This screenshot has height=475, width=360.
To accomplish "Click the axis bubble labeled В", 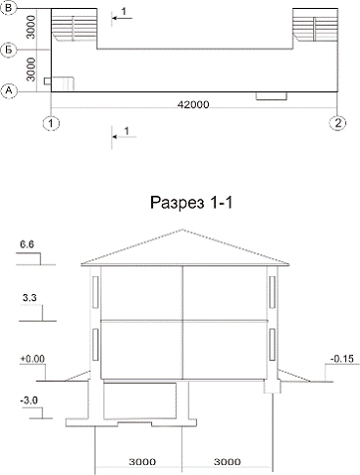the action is [x=9, y=8].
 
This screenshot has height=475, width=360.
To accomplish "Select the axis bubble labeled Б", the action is [x=9, y=50].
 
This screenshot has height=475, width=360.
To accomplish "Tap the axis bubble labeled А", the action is [x=9, y=90].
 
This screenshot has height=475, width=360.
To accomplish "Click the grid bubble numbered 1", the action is [x=51, y=123].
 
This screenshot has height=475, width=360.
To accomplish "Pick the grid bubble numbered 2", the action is [x=337, y=123].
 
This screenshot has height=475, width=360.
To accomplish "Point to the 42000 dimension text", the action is [x=193, y=104].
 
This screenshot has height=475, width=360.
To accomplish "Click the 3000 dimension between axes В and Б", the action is [x=31, y=28].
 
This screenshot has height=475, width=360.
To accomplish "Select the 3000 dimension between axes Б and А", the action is [x=31, y=70].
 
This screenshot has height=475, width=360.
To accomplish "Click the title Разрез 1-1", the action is [x=191, y=203].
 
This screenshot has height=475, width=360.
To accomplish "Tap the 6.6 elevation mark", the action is [x=27, y=244].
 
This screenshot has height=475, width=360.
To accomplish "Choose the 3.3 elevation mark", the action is [x=29, y=298].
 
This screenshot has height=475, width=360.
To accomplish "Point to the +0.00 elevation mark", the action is [x=33, y=359].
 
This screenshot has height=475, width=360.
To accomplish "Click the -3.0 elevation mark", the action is [x=29, y=400].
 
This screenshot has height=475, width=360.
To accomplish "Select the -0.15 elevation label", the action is [x=342, y=359].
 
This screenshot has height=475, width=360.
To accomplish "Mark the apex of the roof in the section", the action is [x=182, y=229].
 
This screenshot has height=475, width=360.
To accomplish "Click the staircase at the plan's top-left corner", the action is [x=75, y=29].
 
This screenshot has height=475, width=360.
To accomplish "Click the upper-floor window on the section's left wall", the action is [x=95, y=292].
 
